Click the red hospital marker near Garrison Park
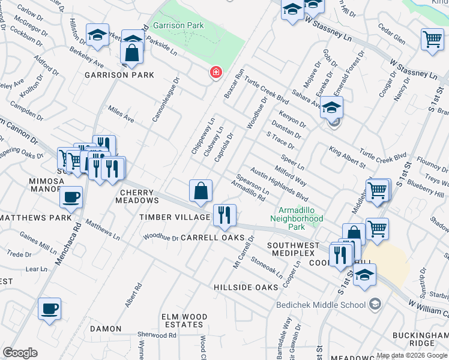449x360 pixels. coord(215,73)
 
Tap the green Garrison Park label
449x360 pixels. coord(178,25)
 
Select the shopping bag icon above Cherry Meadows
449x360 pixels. coord(200,191)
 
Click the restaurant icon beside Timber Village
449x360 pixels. coord(224,215)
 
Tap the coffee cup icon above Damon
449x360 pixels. coord(49,309)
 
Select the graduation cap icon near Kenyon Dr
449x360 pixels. coord(331,107)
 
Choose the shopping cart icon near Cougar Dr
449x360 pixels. coord(432,40)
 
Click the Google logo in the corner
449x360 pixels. coord(20,353)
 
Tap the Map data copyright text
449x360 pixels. coord(411,355)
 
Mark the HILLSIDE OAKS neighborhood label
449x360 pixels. coord(246,287)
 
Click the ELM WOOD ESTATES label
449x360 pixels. coord(182,320)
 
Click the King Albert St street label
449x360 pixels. coord(347,155)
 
